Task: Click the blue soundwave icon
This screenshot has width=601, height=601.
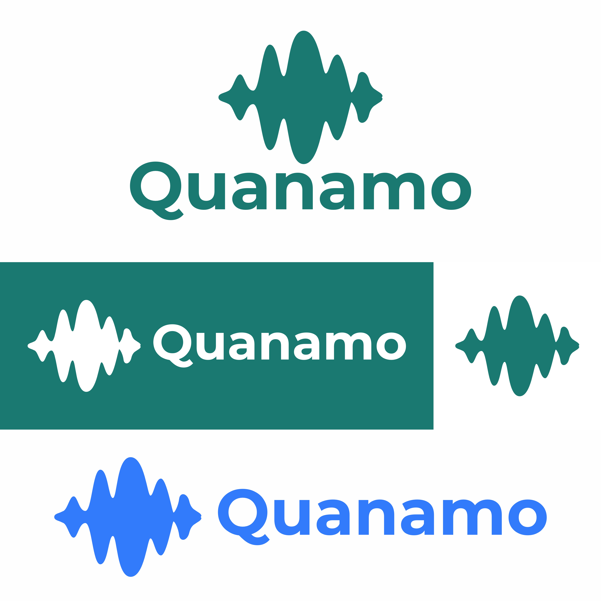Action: (128, 517)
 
